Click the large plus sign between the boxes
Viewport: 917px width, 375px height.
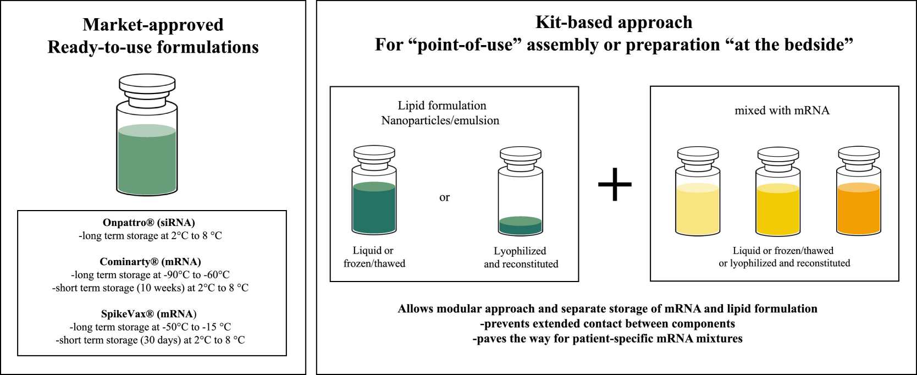click(615, 184)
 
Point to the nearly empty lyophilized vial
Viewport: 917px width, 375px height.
click(520, 201)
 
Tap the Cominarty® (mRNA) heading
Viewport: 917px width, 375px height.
click(150, 262)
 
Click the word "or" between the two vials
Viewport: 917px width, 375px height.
click(444, 197)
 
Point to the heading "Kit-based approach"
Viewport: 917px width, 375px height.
click(614, 22)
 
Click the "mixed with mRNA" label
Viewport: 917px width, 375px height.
click(782, 111)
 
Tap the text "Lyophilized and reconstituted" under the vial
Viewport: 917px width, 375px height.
click(521, 257)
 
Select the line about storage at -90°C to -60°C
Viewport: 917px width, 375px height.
click(151, 275)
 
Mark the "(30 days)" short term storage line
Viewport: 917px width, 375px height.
click(151, 340)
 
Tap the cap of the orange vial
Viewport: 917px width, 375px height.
click(858, 153)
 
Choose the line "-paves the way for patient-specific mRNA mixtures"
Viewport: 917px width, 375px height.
click(607, 338)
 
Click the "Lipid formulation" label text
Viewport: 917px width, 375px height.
click(442, 106)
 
